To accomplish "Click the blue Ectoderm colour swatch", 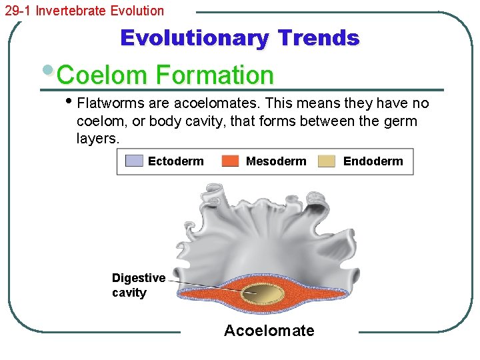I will point(134,161).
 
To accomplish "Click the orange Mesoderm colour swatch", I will point(230,161).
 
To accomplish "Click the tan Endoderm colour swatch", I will point(327,161).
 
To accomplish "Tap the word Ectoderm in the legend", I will point(176,161).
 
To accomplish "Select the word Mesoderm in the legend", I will point(276,161).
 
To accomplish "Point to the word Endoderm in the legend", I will point(373,161).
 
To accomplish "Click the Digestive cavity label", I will point(138,285).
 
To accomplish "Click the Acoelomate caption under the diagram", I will point(269,331).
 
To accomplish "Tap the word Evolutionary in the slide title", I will point(194,38).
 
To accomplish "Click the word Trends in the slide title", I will point(319,38).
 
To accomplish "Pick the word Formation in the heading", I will point(214,75).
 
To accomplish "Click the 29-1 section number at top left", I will point(18,11).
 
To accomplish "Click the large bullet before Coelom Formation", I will point(48,70).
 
